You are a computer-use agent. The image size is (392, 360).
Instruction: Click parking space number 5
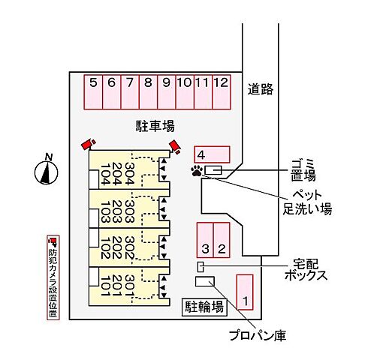click(x=93, y=92)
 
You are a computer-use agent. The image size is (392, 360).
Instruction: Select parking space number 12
click(x=222, y=92)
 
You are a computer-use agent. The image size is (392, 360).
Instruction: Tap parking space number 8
click(x=148, y=92)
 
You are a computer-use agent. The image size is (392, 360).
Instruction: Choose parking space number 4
click(x=212, y=154)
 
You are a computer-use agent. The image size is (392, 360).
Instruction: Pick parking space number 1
click(x=245, y=292)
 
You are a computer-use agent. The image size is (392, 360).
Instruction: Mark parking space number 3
click(x=205, y=240)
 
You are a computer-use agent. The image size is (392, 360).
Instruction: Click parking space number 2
click(x=222, y=240)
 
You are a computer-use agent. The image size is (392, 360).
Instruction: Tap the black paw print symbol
click(x=197, y=171)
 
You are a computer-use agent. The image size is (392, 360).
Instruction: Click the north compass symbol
click(x=47, y=170)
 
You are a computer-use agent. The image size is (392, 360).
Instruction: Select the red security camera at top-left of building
click(x=89, y=144)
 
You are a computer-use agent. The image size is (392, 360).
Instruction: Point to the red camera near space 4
click(x=175, y=146)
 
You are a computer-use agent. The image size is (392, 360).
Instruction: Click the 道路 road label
click(x=261, y=89)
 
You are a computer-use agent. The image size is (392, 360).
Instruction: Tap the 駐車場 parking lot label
click(x=155, y=126)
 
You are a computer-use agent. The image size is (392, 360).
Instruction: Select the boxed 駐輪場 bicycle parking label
click(x=204, y=307)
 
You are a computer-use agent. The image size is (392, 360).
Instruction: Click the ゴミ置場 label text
click(x=303, y=170)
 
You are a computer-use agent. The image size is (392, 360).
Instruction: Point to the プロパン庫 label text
click(x=258, y=335)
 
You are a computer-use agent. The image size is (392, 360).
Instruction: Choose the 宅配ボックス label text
click(x=306, y=270)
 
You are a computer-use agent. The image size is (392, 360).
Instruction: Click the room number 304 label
click(x=130, y=174)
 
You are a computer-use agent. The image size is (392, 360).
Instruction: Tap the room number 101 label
click(x=105, y=286)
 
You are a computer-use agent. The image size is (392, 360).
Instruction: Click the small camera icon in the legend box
click(x=53, y=241)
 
